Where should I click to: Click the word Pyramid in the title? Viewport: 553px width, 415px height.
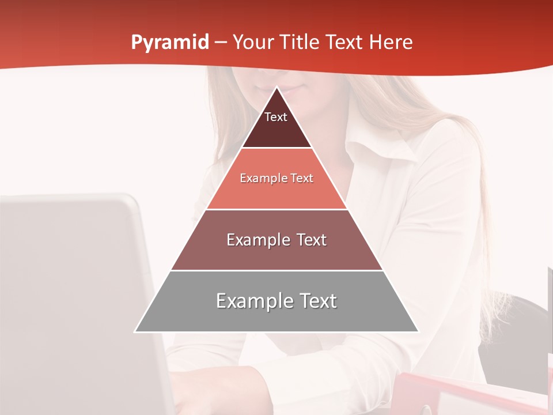(x=170, y=43)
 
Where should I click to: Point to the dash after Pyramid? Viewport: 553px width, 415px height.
(x=220, y=43)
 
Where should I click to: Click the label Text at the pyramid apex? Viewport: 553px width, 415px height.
(x=275, y=117)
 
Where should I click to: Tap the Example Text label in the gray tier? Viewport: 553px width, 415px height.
(x=276, y=301)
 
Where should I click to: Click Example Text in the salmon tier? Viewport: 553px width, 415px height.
(x=276, y=178)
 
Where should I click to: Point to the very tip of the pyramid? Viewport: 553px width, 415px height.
(x=276, y=88)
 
